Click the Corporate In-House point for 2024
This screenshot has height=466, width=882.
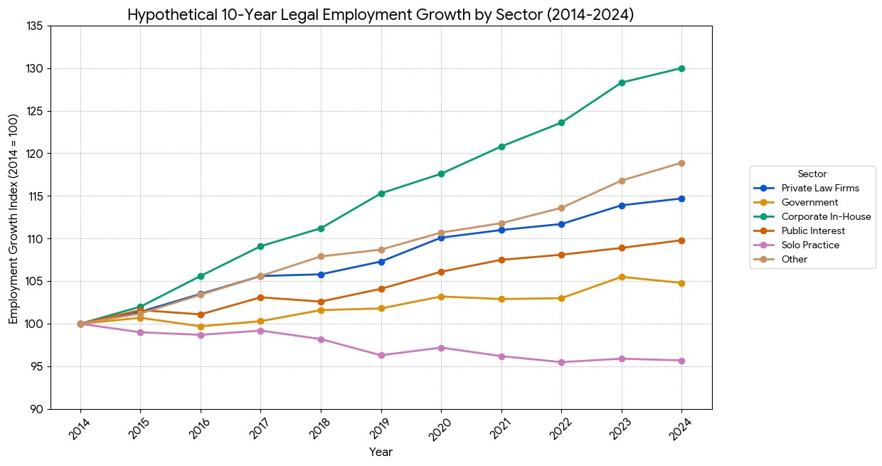coord(681,68)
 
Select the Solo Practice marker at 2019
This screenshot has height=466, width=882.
coord(381,355)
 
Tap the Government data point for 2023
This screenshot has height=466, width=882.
coord(622,277)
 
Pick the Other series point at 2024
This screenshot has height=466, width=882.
coord(681,163)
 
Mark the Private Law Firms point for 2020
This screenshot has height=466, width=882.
coord(441,238)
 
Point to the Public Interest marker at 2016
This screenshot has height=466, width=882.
coord(201,314)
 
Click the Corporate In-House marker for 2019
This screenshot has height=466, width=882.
coord(381,194)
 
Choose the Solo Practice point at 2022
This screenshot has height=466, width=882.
coord(561,362)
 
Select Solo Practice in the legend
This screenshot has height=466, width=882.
coord(809,245)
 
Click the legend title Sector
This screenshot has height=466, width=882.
coord(812,174)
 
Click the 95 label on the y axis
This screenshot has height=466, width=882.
coord(36,366)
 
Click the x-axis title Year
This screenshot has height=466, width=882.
coord(381,452)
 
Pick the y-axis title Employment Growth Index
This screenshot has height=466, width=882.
coord(14,218)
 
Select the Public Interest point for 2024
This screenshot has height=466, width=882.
coord(681,240)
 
